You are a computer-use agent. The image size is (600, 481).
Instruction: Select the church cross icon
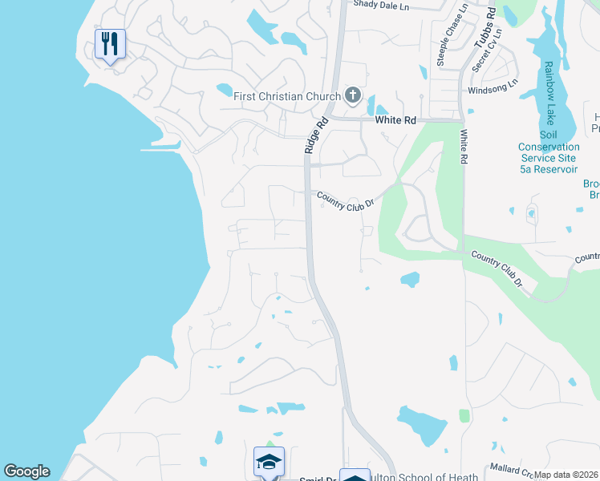[x=352, y=96]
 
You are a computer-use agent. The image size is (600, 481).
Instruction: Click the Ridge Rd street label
[x=316, y=135]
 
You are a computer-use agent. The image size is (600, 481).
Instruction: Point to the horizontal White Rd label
[x=396, y=120]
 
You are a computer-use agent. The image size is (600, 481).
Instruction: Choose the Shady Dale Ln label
[x=381, y=6]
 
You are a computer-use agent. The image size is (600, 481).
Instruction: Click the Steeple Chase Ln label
[x=452, y=36]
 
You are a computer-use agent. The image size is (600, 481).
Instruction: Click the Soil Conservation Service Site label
[x=549, y=152]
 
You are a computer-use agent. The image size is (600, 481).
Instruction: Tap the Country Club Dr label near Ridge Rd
[x=346, y=200]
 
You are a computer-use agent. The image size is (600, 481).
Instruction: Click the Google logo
[x=26, y=471]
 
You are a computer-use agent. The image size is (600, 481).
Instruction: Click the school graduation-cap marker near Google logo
[x=269, y=461]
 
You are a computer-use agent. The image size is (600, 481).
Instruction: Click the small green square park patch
[x=464, y=416]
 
